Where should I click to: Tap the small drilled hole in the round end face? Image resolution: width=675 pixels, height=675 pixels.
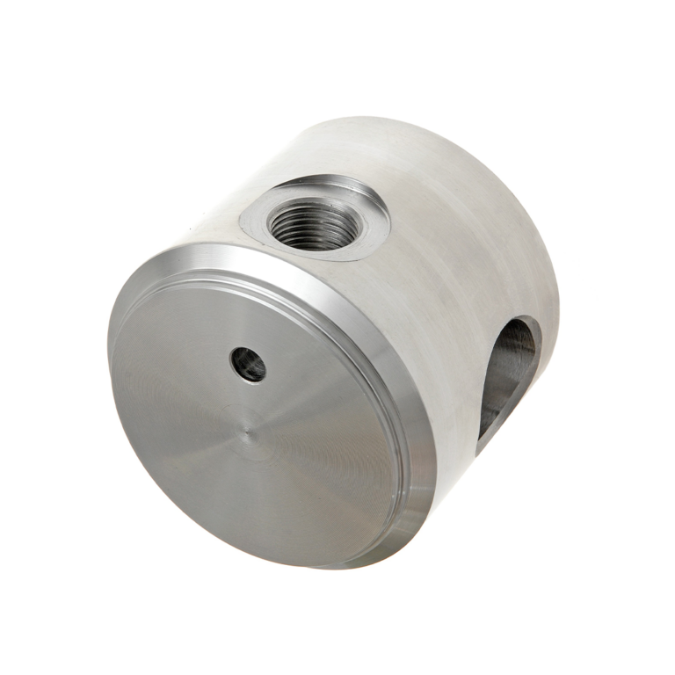(x=248, y=363)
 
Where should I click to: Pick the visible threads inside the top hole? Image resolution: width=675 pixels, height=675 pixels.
(x=303, y=230)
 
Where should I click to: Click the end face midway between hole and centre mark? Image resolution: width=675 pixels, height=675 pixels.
(x=248, y=397)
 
